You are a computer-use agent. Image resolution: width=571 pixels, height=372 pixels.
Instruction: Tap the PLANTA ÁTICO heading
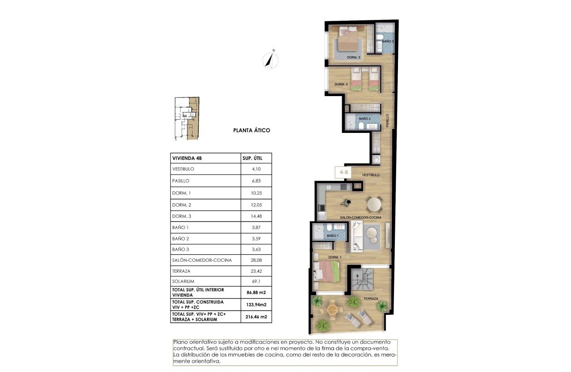251,131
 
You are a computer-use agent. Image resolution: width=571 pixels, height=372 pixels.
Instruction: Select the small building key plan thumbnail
186,119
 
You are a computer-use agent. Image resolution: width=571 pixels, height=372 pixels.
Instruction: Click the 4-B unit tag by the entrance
343,172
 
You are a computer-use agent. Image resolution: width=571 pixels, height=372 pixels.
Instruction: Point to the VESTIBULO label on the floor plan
370,175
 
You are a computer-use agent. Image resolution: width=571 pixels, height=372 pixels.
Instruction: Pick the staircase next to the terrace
363,279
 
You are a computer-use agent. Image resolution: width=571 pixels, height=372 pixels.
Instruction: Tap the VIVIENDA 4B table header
186,158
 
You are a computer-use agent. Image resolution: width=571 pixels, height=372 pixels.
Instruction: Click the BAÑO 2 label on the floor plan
365,119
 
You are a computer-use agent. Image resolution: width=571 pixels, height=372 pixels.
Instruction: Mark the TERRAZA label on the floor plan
371,298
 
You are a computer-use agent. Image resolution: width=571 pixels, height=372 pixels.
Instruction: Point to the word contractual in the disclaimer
188,349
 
